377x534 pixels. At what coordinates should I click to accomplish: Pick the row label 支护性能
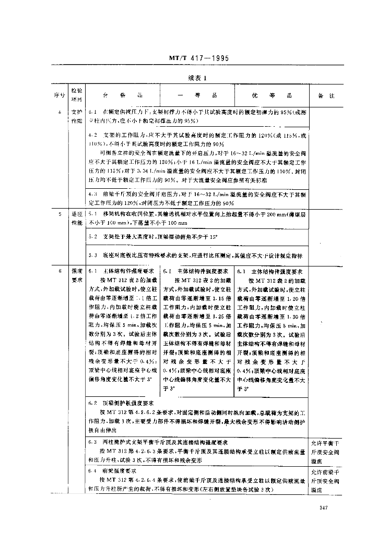tap(76, 116)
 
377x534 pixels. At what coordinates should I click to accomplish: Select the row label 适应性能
tap(76, 218)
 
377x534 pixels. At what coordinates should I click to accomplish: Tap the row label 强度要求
tap(76, 276)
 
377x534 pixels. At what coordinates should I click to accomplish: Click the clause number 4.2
tap(93, 135)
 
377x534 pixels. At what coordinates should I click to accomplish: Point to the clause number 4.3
tap(93, 194)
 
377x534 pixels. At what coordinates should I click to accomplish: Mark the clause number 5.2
tap(93, 237)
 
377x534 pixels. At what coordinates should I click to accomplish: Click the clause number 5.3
tap(93, 255)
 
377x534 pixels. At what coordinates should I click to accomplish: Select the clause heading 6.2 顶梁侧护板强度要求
tap(121, 403)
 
